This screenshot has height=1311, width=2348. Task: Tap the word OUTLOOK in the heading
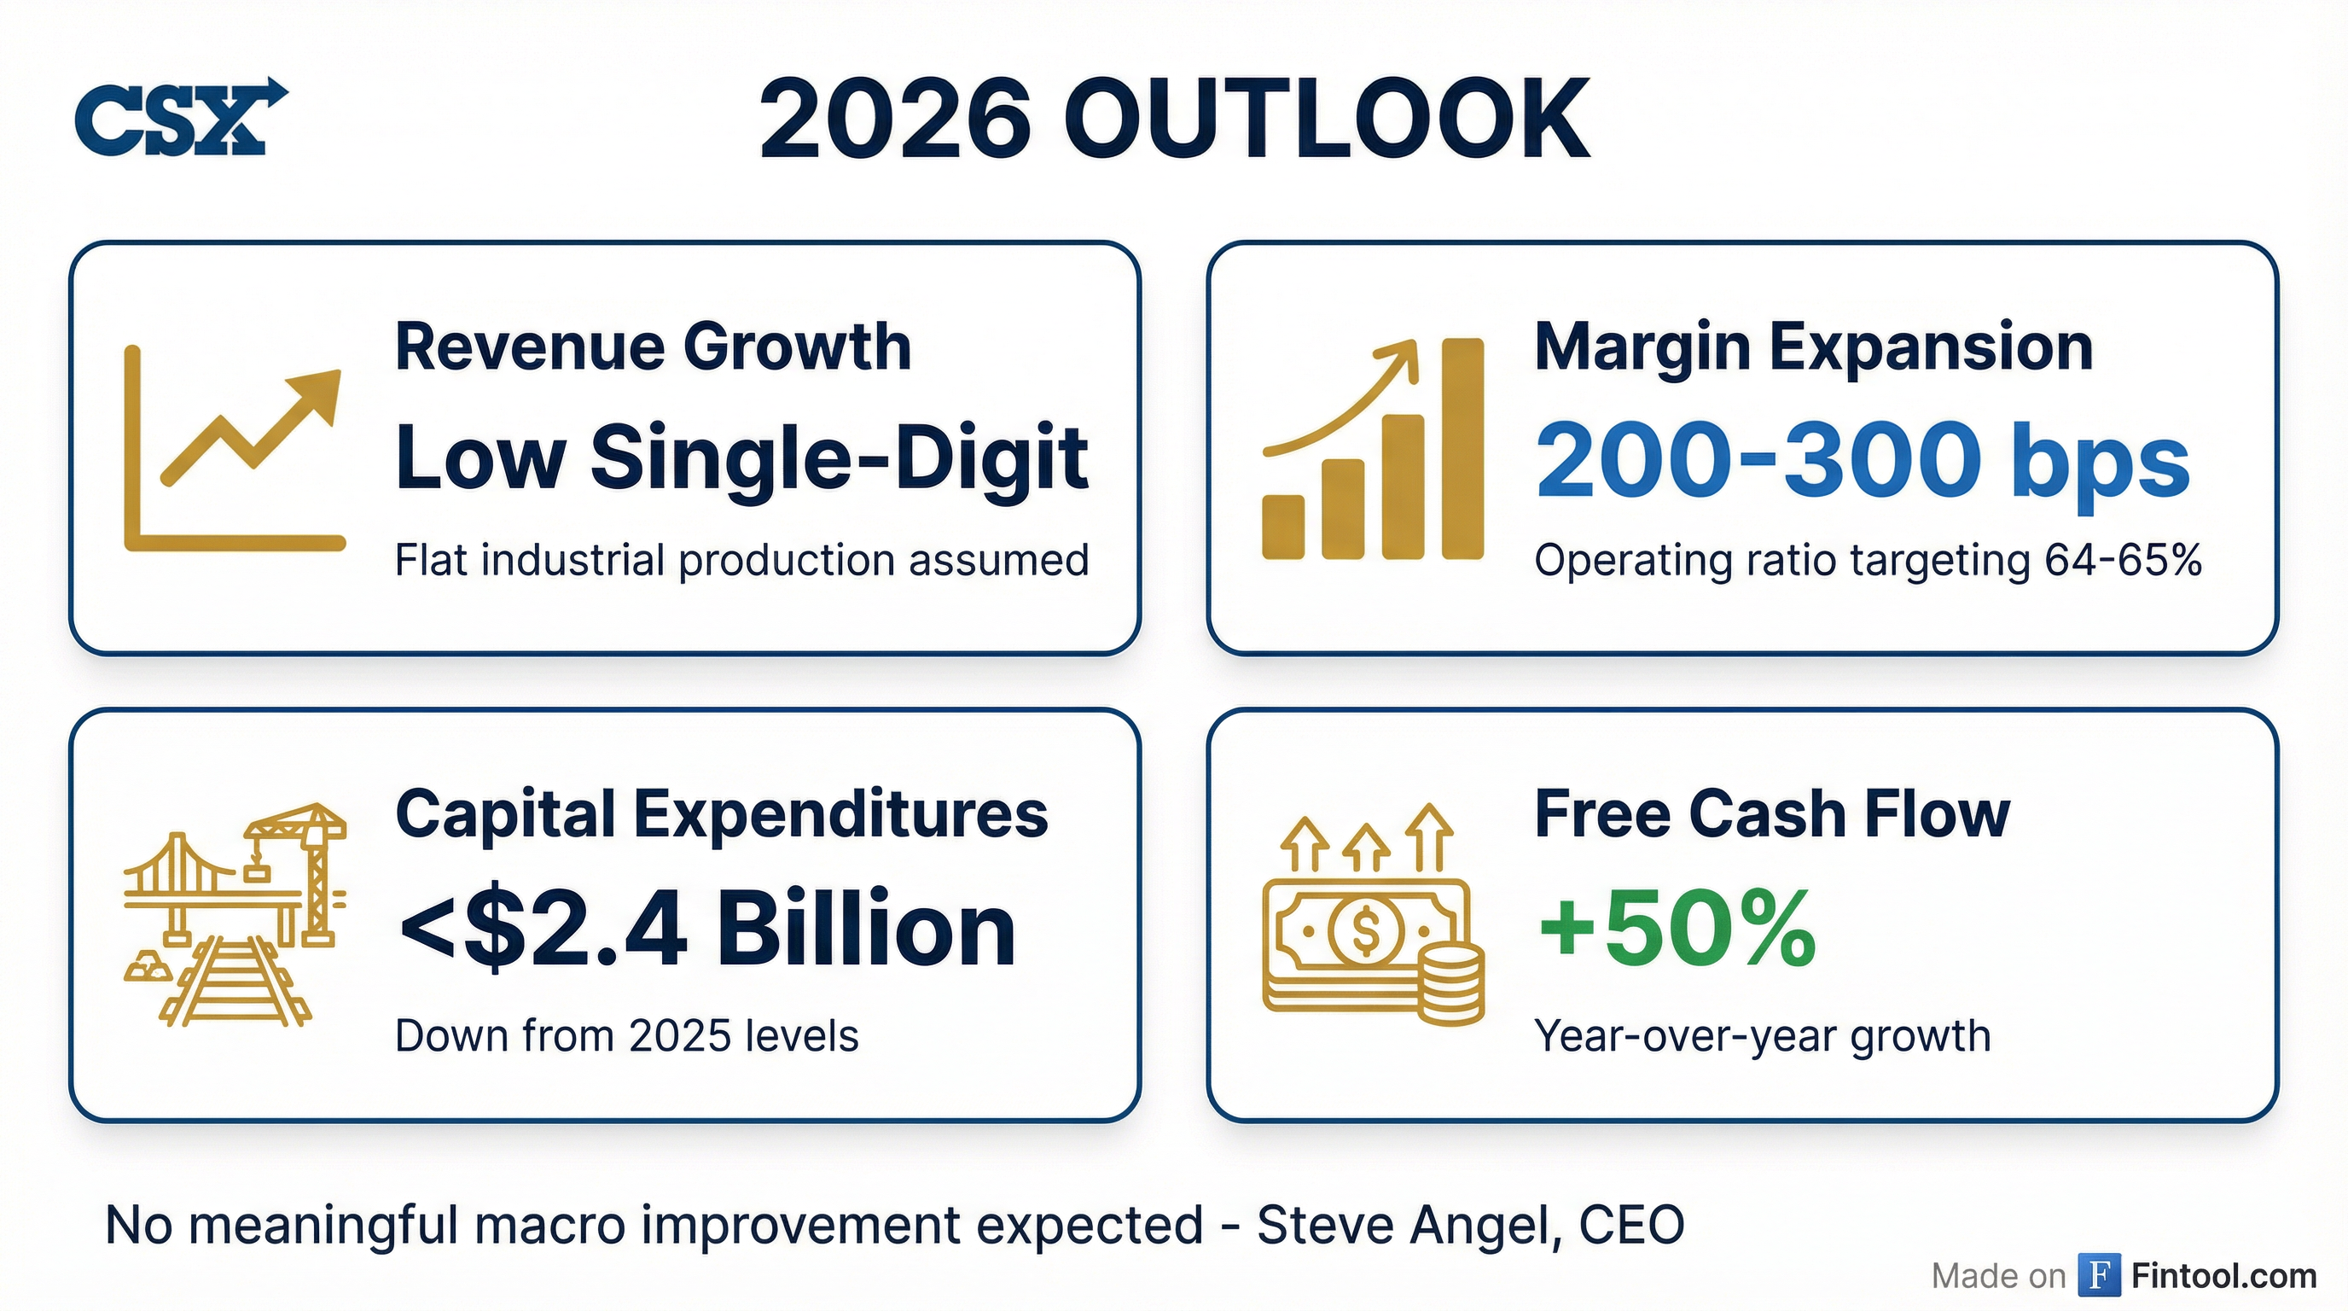[1326, 120]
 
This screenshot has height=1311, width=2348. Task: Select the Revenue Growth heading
[653, 347]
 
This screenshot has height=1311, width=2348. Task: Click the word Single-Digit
[839, 457]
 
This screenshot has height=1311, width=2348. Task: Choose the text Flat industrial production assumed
[741, 560]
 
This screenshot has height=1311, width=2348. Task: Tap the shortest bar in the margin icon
[1282, 526]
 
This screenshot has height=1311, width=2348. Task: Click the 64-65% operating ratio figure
[2122, 560]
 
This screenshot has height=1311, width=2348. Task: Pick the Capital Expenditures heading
[721, 813]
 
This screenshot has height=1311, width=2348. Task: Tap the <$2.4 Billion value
[706, 930]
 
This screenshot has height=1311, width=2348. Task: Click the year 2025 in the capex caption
[680, 1035]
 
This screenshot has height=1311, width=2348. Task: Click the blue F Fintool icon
[2099, 1274]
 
